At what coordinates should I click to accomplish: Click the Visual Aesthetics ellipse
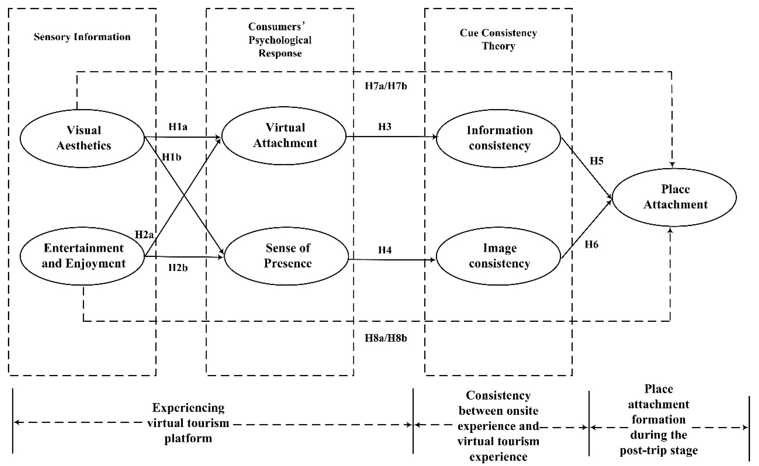click(82, 138)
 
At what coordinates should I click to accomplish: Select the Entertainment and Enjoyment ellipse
click(82, 256)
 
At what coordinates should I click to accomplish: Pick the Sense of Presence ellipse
click(286, 256)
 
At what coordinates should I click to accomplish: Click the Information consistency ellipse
click(498, 138)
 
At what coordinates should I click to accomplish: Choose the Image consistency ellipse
click(498, 256)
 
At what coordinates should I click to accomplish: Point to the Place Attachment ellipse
click(674, 197)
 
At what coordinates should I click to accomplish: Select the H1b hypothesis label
click(171, 157)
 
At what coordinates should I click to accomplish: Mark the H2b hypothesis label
click(178, 267)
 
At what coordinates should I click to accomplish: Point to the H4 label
click(385, 250)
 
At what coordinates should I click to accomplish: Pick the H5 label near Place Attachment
click(596, 161)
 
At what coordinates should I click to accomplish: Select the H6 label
click(591, 245)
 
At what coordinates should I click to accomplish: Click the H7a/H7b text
click(386, 86)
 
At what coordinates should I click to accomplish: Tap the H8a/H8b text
click(386, 338)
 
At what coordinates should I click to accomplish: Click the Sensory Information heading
click(82, 37)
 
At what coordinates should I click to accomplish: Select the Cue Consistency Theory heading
click(498, 39)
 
